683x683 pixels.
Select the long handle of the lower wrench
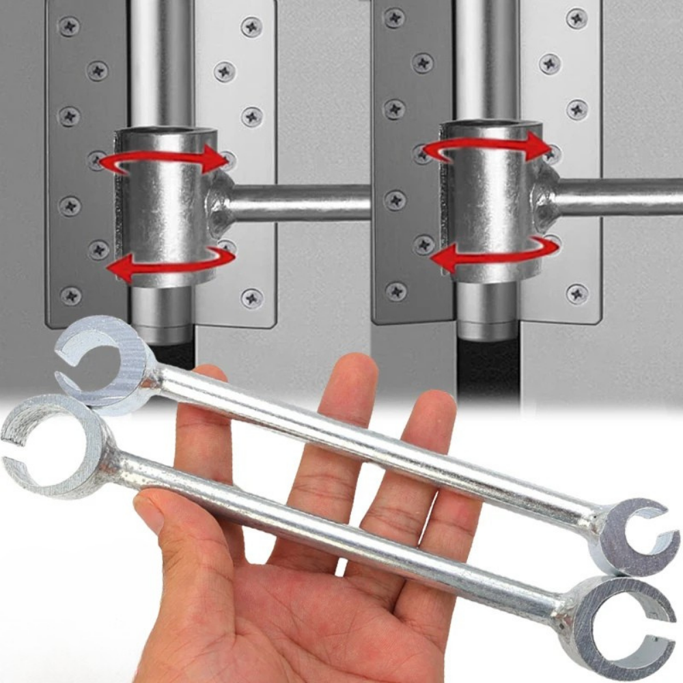341,526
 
